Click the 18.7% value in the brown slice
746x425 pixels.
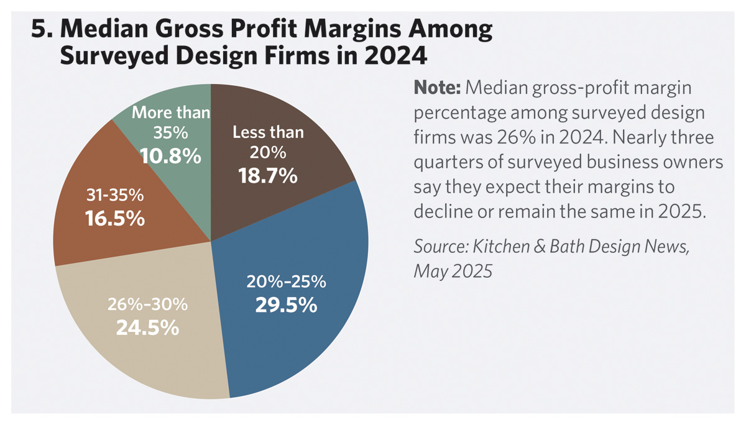(268, 176)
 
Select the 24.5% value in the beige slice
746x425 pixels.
(147, 327)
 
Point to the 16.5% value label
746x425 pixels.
(116, 219)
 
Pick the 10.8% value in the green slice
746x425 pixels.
(170, 155)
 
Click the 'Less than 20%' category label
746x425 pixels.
(268, 142)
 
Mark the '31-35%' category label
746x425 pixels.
(114, 196)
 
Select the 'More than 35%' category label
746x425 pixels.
(171, 123)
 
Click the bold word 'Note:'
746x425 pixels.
(437, 88)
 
